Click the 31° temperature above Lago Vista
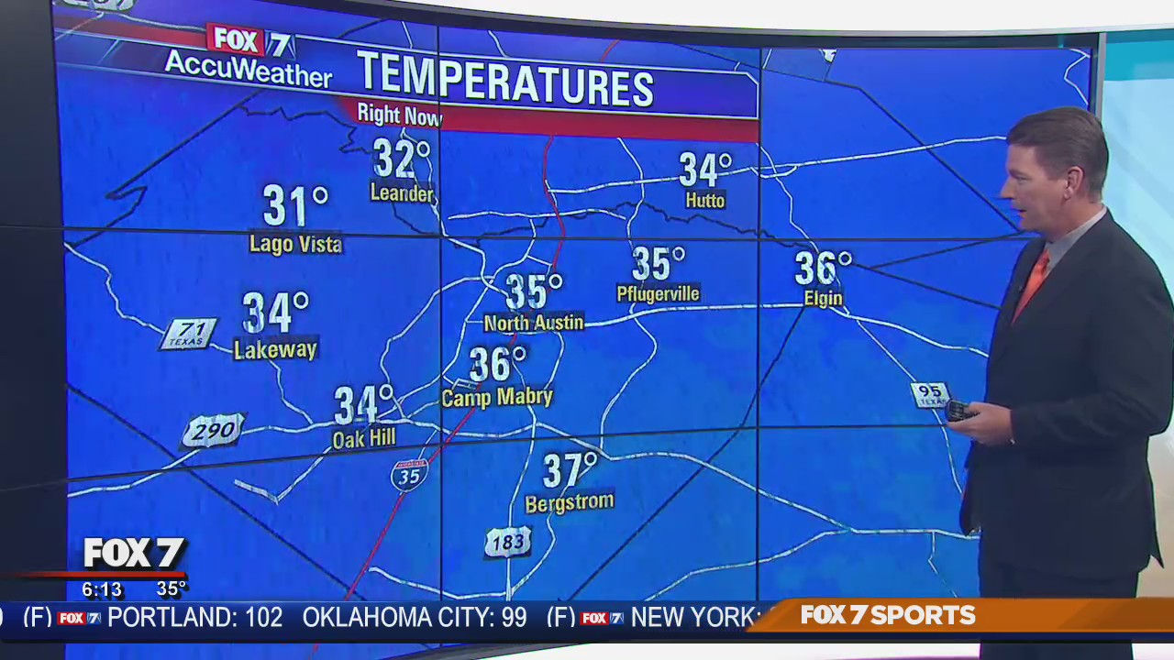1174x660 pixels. pyautogui.click(x=294, y=205)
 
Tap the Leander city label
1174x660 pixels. pyautogui.click(x=402, y=193)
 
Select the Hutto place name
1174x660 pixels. pyautogui.click(x=704, y=201)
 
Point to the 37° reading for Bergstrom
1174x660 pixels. pyautogui.click(x=569, y=470)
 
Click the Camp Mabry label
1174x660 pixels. pyautogui.click(x=497, y=397)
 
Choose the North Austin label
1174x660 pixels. pyautogui.click(x=533, y=323)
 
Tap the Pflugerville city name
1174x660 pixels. pyautogui.click(x=658, y=294)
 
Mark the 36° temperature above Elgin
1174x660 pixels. pyautogui.click(x=822, y=268)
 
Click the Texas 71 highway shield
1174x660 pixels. pyautogui.click(x=189, y=334)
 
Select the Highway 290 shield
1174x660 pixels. pyautogui.click(x=214, y=430)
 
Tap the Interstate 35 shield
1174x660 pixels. pyautogui.click(x=409, y=475)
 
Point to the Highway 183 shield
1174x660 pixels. pyautogui.click(x=507, y=542)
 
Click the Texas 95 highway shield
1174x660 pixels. pyautogui.click(x=929, y=394)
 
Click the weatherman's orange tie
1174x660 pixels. pyautogui.click(x=1032, y=283)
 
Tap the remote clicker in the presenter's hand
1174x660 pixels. pyautogui.click(x=959, y=411)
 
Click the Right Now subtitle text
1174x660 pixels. pyautogui.click(x=399, y=115)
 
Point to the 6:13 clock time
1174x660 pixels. pyautogui.click(x=102, y=589)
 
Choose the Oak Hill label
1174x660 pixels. pyautogui.click(x=364, y=439)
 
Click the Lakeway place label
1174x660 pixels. pyautogui.click(x=275, y=349)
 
